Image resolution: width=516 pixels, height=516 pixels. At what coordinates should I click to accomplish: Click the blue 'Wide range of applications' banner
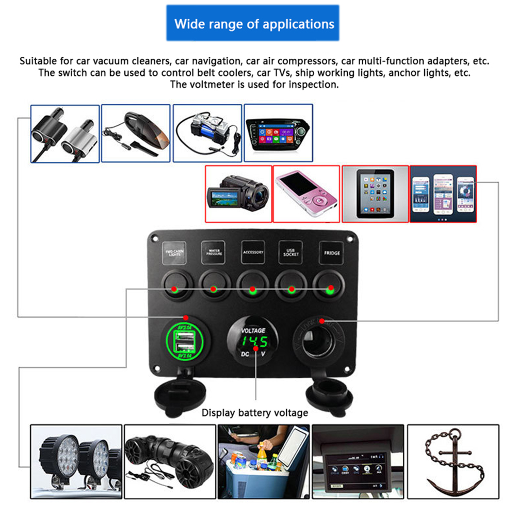[x=253, y=24]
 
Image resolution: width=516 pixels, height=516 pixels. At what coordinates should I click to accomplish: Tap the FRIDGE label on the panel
[x=332, y=253]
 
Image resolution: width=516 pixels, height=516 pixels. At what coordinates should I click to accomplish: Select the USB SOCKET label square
[x=292, y=253]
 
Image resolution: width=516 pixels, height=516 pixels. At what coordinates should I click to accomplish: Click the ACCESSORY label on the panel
[x=253, y=252]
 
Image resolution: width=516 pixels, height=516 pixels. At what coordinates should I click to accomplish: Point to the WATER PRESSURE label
[x=213, y=253]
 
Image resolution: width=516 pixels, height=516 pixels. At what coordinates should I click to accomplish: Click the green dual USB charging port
[x=185, y=342]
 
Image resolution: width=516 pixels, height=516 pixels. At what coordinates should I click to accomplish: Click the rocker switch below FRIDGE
[x=330, y=284]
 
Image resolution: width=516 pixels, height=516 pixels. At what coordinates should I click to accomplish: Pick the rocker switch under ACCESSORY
[x=252, y=285]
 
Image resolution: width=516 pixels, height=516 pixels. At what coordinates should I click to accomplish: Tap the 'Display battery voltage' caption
[x=254, y=413]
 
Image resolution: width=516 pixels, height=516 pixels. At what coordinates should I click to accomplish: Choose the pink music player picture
[x=306, y=193]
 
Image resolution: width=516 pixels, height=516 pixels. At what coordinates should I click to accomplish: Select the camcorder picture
[x=238, y=193]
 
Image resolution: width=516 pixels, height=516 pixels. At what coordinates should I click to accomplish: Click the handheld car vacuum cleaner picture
[x=136, y=133]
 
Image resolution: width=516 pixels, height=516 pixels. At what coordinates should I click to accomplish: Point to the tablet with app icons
[x=375, y=193]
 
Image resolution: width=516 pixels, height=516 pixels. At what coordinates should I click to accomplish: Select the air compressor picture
[x=207, y=133]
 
